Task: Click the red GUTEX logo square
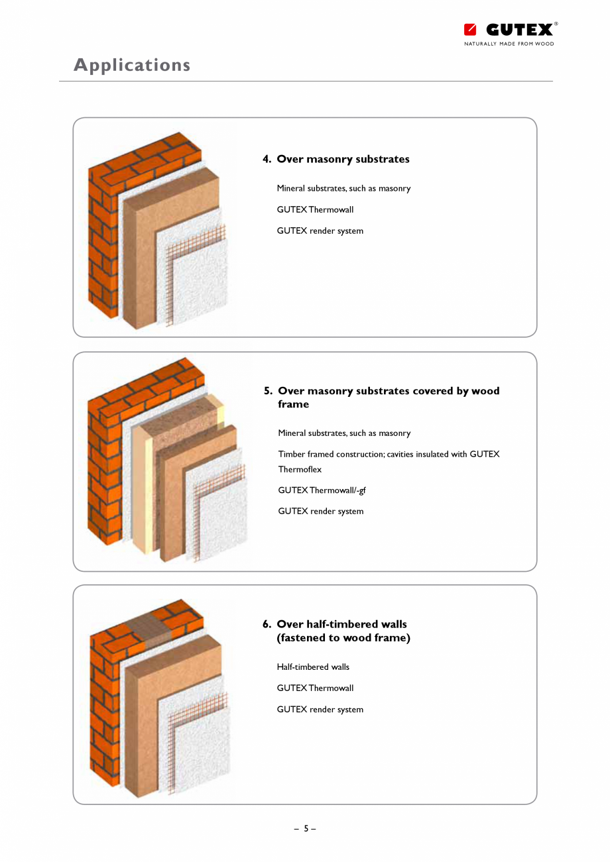470,30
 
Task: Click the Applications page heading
132,65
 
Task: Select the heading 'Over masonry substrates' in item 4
343,159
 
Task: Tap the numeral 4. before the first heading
267,159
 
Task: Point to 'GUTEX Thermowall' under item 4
315,209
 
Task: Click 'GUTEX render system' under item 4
320,231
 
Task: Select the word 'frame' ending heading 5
293,404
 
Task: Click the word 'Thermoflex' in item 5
300,469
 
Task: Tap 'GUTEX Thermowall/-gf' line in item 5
322,490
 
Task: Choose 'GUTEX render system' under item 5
320,511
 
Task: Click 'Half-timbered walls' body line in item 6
313,667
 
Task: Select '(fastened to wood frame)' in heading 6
343,638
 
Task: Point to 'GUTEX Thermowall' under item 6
315,688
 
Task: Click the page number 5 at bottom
306,828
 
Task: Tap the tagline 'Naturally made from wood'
509,44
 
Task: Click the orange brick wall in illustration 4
103,232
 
